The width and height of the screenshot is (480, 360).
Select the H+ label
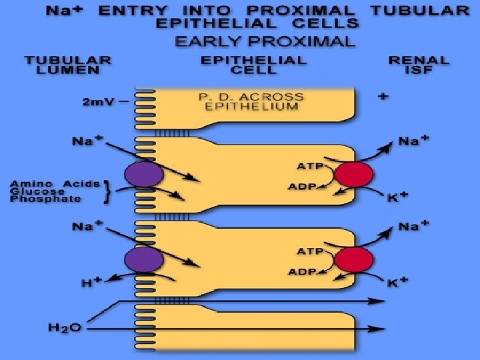(x=91, y=283)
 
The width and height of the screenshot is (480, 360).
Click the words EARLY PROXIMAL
(x=264, y=41)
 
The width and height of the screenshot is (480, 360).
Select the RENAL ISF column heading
(x=419, y=65)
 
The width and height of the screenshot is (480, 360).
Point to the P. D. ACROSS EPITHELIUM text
(x=251, y=101)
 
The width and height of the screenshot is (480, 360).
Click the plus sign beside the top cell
(x=383, y=97)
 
